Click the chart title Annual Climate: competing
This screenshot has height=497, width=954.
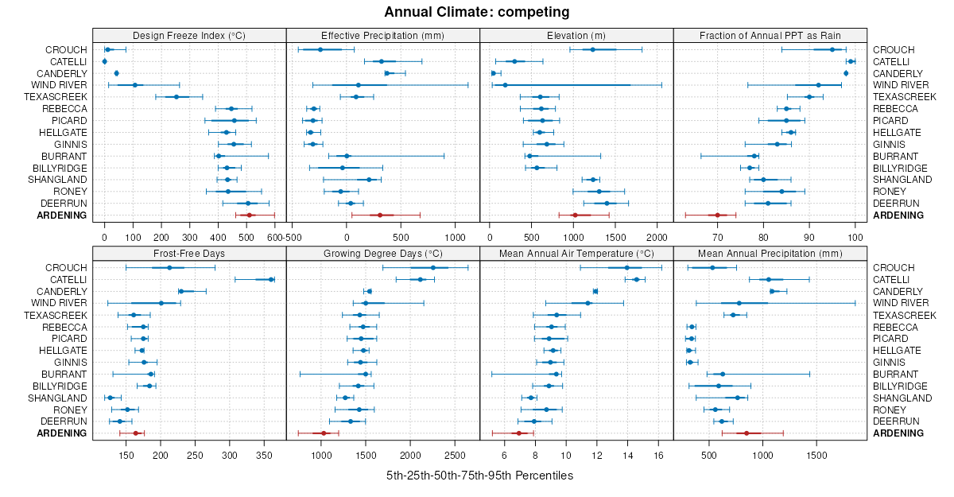pos(477,12)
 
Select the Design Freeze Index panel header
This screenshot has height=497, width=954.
pos(189,35)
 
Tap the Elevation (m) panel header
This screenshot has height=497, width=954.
pos(576,35)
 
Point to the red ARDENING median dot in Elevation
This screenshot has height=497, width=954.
pos(575,215)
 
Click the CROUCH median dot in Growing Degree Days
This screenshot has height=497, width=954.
pos(433,268)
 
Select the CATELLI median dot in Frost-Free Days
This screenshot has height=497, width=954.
pos(271,279)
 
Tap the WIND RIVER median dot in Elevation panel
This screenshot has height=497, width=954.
pos(505,85)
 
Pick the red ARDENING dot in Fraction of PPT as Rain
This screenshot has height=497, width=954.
pos(717,215)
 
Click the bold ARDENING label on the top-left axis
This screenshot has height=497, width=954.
pos(66,215)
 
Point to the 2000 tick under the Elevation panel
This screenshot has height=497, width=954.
pos(657,238)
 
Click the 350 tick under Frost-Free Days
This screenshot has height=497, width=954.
pos(265,456)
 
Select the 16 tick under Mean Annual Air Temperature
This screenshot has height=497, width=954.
pos(658,456)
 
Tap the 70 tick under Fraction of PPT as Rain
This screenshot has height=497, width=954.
pos(717,238)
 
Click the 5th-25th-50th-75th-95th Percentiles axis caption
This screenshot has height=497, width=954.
pos(479,476)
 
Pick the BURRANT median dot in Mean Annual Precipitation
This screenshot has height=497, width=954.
pos(722,374)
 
